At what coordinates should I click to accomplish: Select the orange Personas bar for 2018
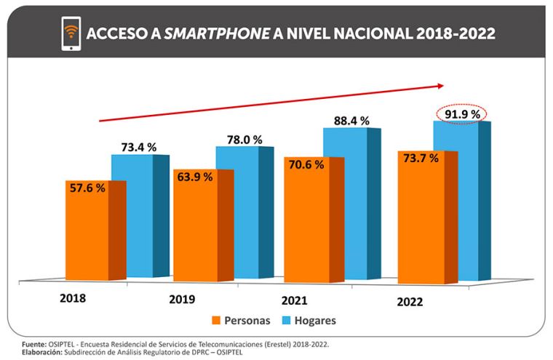click(87, 233)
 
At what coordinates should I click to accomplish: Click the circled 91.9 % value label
click(458, 114)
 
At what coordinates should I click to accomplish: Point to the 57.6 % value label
click(87, 188)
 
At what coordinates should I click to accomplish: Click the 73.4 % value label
click(138, 147)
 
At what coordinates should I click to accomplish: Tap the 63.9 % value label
click(195, 177)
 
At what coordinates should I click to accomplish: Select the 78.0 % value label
click(244, 139)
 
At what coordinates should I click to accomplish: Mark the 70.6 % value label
click(305, 164)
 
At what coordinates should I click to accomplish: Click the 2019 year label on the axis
click(183, 299)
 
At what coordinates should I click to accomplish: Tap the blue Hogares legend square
click(281, 320)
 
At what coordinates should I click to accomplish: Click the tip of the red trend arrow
click(442, 86)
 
